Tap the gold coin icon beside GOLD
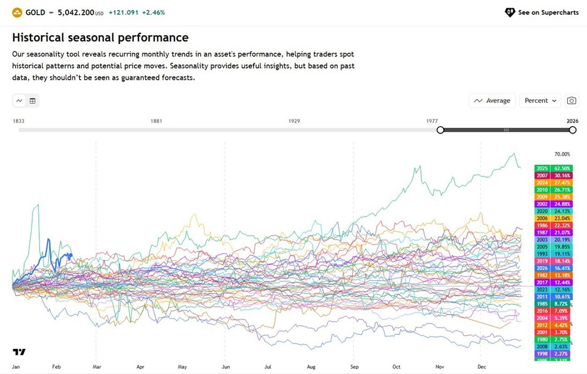tap(17, 12)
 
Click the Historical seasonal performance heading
tap(100, 38)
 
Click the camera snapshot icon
tap(572, 101)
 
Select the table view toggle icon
tap(32, 101)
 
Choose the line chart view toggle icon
tap(19, 101)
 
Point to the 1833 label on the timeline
tap(19, 121)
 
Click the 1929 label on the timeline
tap(294, 121)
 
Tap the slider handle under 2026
tap(572, 130)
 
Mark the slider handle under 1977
tap(440, 130)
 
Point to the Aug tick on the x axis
tap(311, 367)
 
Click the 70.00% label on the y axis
tap(562, 155)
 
